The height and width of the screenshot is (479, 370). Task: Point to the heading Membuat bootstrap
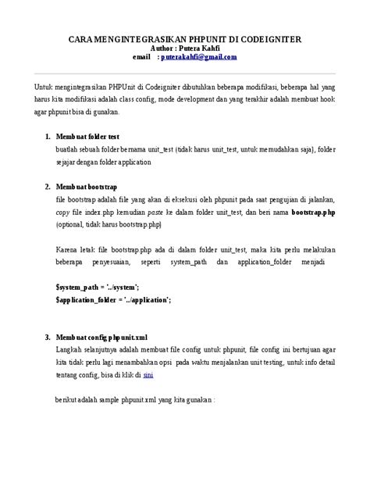[x=86, y=188]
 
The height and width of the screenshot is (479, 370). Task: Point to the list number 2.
[x=48, y=188]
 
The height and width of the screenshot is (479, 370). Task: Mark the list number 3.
[x=48, y=337]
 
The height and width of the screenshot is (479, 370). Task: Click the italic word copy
[x=62, y=212]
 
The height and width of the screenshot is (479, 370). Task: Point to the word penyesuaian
[x=128, y=263]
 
